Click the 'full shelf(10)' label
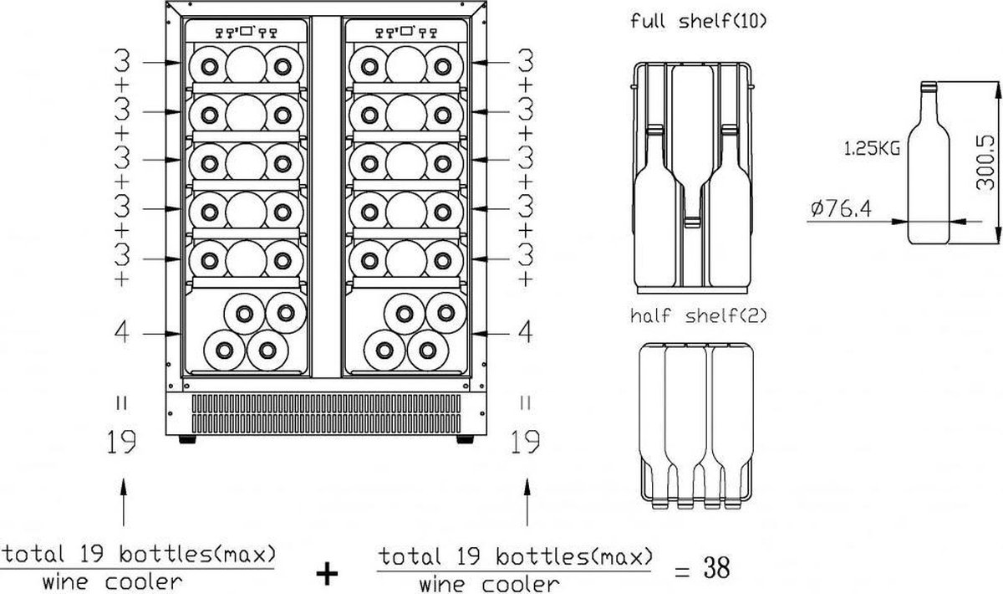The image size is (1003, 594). (x=699, y=21)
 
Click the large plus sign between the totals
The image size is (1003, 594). (x=328, y=572)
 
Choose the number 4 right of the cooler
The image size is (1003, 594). (x=525, y=332)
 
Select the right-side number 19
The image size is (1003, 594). (x=525, y=441)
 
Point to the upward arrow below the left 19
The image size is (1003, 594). (x=124, y=502)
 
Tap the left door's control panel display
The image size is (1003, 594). (x=247, y=33)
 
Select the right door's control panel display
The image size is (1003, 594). (x=407, y=33)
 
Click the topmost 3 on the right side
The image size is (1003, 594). (x=525, y=61)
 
